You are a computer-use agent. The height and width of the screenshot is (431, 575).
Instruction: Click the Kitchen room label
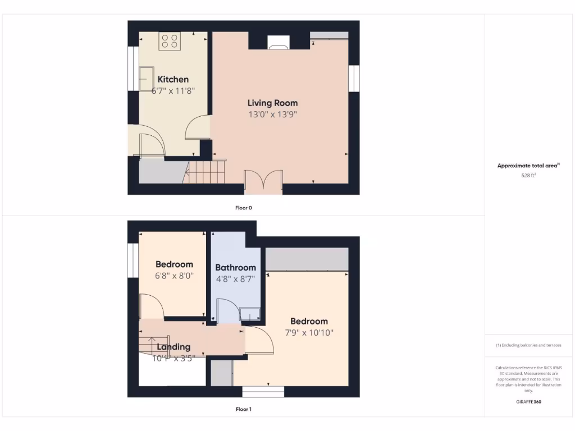173,79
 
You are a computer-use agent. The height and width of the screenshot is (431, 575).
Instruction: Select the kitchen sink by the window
147,79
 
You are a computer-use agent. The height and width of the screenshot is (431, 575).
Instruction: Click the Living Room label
272,103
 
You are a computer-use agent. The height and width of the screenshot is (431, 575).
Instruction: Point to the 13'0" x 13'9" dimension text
272,114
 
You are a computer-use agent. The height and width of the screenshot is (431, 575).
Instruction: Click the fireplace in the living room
278,44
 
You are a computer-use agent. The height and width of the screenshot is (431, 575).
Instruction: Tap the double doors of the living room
263,181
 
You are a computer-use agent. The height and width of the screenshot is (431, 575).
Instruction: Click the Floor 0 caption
243,208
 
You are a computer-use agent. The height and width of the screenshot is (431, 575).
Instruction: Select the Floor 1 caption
243,409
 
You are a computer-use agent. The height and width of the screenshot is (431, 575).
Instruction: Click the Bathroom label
235,268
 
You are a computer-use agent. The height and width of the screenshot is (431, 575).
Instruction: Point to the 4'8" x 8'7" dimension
235,278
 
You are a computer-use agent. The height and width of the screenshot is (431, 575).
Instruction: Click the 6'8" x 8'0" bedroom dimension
174,276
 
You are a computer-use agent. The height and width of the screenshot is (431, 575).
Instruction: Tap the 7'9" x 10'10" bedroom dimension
309,333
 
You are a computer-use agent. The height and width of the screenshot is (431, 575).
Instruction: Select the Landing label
174,347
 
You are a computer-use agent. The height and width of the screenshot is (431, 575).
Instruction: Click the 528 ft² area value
528,176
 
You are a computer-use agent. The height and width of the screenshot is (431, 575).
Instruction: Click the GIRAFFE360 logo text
528,402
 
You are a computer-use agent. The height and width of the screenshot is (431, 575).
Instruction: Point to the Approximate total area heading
528,166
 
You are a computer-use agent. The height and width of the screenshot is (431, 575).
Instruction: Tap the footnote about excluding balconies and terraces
528,345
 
